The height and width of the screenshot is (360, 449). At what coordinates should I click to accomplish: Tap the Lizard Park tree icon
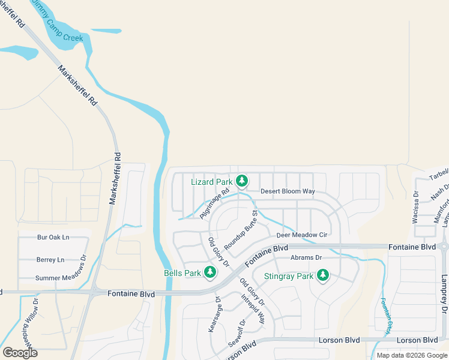click(x=242, y=181)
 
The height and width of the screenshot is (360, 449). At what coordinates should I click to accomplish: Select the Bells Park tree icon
click(x=209, y=273)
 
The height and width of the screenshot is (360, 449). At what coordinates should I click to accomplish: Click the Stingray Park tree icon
click(x=323, y=275)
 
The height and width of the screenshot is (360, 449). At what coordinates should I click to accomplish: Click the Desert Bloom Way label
click(x=288, y=191)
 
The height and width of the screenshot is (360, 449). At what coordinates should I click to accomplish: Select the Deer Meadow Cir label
click(x=301, y=235)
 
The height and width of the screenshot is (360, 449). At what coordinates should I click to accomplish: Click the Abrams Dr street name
click(x=306, y=258)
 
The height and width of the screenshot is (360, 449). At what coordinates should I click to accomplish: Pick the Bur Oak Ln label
click(x=53, y=238)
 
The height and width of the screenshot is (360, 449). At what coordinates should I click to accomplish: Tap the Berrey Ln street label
click(x=50, y=260)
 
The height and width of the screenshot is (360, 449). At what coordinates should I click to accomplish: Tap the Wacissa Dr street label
click(x=415, y=208)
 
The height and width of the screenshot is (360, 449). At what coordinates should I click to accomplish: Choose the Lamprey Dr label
click(x=444, y=292)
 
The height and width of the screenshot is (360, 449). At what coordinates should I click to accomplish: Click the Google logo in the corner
click(x=20, y=352)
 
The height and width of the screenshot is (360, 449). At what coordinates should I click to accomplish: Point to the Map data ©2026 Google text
click(x=412, y=355)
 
